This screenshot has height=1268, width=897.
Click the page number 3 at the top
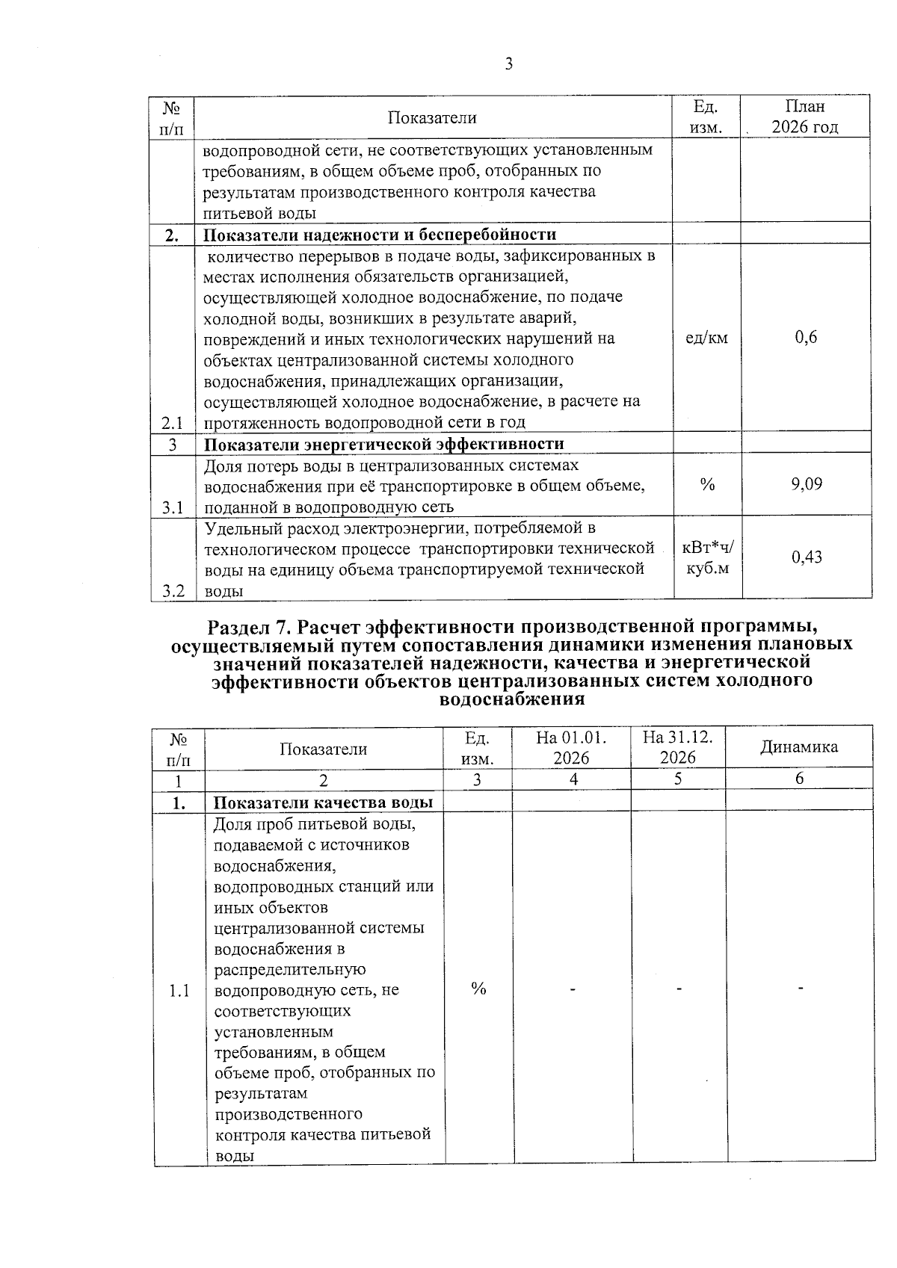point(508,65)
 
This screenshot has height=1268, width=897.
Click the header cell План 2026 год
point(805,117)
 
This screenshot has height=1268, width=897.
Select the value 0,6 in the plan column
point(806,338)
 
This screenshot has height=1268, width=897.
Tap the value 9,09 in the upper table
point(807,484)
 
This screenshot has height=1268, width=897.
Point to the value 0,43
point(807,557)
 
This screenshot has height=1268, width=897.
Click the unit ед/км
point(706,338)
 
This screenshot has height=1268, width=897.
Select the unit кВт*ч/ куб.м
point(708,557)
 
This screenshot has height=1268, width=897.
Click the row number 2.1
point(172,422)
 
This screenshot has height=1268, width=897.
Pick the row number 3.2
point(173,591)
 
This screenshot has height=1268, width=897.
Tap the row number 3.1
point(172,507)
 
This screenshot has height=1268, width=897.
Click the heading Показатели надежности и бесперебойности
point(380,235)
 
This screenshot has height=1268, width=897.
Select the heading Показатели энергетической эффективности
point(384,444)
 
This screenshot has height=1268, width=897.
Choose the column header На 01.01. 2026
point(571,747)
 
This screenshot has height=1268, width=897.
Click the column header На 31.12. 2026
point(678,747)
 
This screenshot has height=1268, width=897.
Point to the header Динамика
point(799,746)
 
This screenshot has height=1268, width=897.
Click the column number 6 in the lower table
point(799,779)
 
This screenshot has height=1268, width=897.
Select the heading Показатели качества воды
point(324,803)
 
